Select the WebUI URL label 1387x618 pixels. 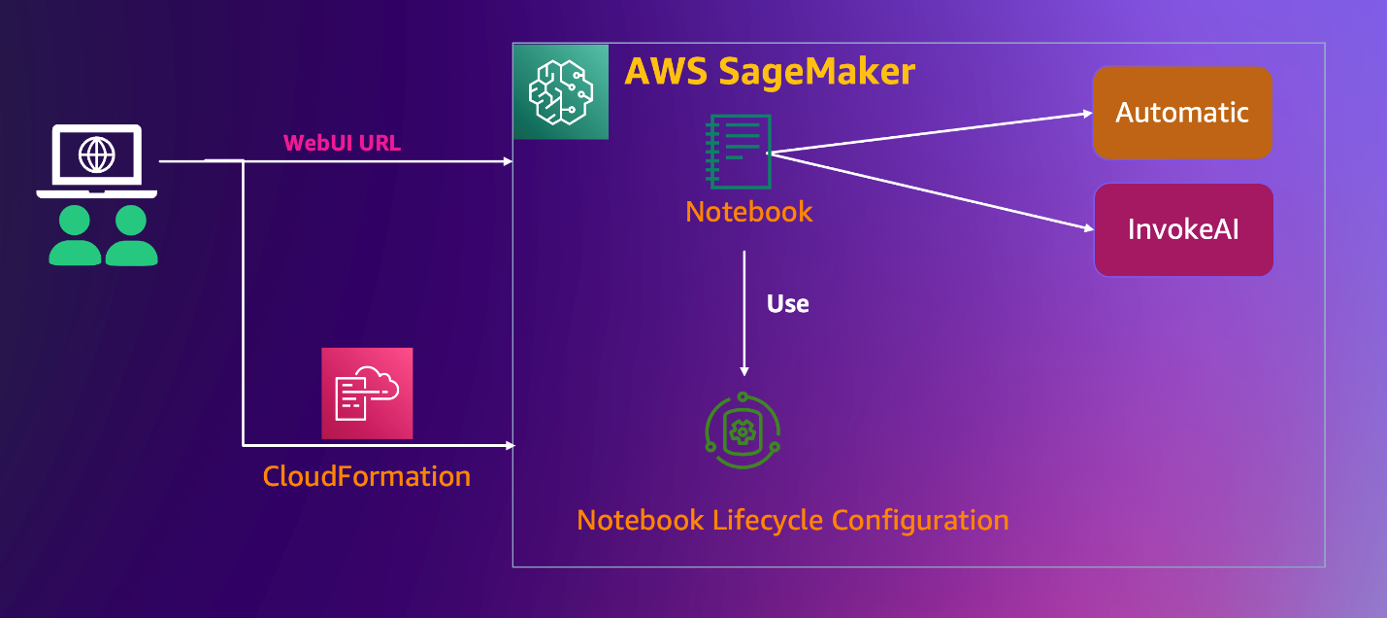(342, 143)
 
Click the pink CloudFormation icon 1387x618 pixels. (367, 394)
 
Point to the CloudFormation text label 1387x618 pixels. (367, 476)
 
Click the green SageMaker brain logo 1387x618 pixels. (560, 91)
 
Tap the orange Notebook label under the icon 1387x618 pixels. (748, 212)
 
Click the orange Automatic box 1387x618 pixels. (1182, 113)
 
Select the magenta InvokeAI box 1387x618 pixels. (1183, 230)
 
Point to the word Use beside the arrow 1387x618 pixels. (787, 304)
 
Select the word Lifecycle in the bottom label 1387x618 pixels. (772, 520)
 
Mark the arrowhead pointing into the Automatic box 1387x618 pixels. (1088, 113)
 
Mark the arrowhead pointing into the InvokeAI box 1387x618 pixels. (1088, 230)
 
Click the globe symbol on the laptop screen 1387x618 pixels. (96, 154)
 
